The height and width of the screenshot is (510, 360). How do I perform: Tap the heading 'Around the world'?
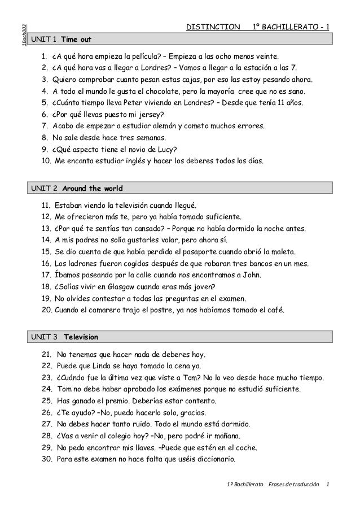click(x=92, y=188)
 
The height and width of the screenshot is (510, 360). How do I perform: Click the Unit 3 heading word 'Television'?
click(x=81, y=337)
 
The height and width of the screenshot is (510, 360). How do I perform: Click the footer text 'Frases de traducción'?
click(x=295, y=485)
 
